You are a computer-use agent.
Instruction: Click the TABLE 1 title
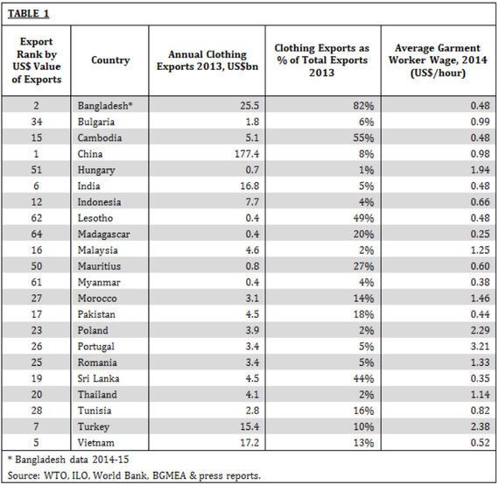28,14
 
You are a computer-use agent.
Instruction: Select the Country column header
110,60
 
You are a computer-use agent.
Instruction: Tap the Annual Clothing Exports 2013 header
207,60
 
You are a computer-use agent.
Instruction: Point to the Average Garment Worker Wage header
438,60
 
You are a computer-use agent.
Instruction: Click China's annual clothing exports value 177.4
247,154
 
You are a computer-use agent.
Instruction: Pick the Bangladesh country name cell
105,106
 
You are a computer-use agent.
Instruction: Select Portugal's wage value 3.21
481,347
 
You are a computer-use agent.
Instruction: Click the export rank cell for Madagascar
37,235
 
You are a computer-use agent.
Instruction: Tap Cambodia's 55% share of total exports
363,137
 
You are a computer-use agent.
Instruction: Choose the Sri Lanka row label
98,378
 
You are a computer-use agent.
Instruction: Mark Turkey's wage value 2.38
481,426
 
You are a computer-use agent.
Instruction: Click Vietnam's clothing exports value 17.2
249,443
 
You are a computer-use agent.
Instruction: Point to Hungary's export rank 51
37,170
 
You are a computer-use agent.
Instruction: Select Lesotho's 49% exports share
363,218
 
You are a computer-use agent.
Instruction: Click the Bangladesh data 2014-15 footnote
68,460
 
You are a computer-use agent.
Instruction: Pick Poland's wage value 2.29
481,330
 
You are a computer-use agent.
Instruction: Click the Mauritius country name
99,266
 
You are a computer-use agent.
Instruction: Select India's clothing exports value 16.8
249,186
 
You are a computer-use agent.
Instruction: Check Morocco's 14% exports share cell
363,299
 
